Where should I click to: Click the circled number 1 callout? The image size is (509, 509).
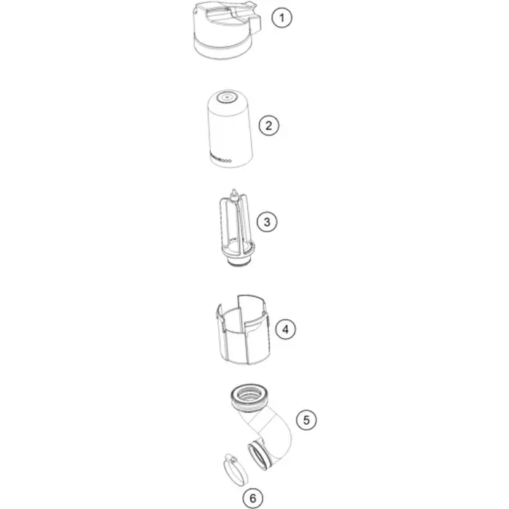(x=282, y=17)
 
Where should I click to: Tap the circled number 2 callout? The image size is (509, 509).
(x=269, y=125)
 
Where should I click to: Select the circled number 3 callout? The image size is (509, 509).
(x=267, y=222)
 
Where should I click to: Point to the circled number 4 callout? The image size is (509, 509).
(x=285, y=329)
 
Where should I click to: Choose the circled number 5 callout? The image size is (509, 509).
(x=306, y=420)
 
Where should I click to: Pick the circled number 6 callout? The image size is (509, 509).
(x=253, y=498)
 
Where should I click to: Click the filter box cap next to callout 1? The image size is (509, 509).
(x=227, y=31)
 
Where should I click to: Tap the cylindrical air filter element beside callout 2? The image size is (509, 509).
(x=230, y=129)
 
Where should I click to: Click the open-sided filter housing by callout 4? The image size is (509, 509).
(x=243, y=330)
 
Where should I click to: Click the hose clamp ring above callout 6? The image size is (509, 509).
(x=236, y=470)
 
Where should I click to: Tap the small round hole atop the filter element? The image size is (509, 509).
(x=226, y=97)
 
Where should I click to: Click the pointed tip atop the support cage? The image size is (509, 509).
(x=233, y=191)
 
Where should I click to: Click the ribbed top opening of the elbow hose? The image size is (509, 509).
(x=249, y=397)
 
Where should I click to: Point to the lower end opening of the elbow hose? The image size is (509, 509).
(x=258, y=457)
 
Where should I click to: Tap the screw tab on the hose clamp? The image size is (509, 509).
(x=231, y=458)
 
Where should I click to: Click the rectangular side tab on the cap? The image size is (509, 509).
(x=256, y=23)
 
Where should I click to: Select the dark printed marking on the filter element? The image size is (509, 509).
(x=221, y=160)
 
